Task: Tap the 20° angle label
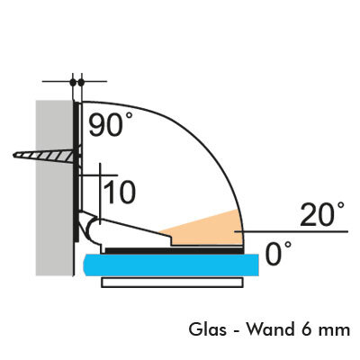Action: tap(322, 213)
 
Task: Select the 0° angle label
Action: tap(278, 254)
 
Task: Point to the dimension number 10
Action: tap(120, 192)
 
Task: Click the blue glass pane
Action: tap(171, 265)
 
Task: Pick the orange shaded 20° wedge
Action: tap(207, 229)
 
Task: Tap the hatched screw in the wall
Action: tap(45, 156)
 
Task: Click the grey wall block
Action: tap(54, 188)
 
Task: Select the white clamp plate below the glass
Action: tap(172, 283)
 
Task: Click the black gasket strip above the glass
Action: tap(174, 251)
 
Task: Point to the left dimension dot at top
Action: tap(73, 81)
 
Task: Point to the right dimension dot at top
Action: tap(81, 81)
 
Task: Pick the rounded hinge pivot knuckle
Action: tap(93, 230)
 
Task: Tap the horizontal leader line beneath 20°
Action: tap(292, 231)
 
